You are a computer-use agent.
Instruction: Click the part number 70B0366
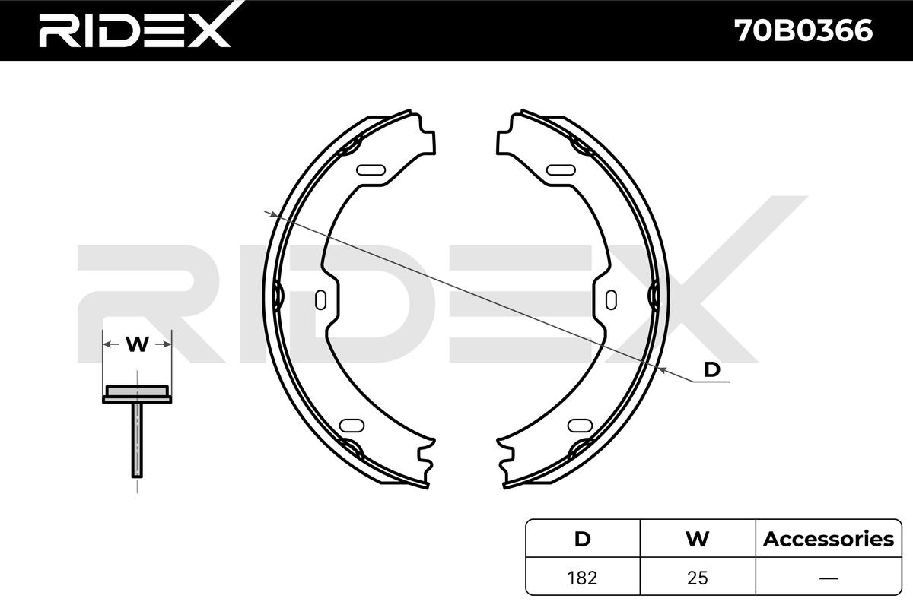coord(803,31)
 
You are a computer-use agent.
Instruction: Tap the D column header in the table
coord(582,540)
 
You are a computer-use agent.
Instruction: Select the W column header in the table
coord(697,540)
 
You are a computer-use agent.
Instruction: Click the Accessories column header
coord(828,540)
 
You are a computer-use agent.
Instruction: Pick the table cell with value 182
coord(582,578)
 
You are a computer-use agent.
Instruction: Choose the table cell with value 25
coord(697,578)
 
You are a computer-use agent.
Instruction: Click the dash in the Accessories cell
coord(828,578)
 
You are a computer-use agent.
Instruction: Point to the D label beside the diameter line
coord(712,369)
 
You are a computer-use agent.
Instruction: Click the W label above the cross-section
coord(137,344)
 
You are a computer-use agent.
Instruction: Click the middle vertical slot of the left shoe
coord(321,299)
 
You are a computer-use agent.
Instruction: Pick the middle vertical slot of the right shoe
coord(611,299)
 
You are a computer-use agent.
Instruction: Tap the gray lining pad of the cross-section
coord(137,391)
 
